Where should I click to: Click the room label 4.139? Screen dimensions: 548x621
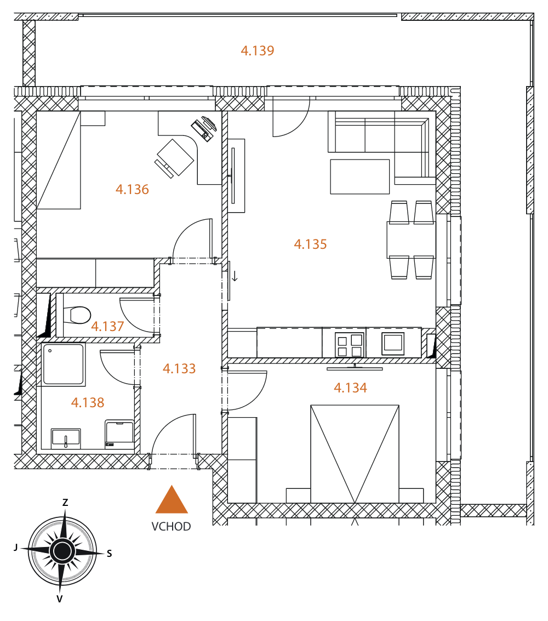point(258,50)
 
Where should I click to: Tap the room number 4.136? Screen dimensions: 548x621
point(132,189)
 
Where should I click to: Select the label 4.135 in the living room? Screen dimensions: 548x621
point(310,244)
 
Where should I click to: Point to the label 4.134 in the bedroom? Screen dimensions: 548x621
point(350,388)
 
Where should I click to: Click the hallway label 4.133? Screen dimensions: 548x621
point(179,369)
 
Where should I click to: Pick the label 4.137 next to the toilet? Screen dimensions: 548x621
point(107,326)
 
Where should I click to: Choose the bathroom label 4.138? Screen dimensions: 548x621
point(88,403)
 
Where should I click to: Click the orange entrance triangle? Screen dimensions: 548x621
point(172,500)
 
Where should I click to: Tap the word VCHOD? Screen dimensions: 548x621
point(171,526)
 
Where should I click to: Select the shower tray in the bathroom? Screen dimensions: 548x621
point(64,364)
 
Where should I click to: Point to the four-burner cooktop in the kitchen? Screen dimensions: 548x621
point(349,345)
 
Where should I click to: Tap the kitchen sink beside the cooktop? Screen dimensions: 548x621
point(393,343)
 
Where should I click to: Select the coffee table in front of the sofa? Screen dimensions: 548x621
point(360,176)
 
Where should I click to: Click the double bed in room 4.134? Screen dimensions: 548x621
point(355,454)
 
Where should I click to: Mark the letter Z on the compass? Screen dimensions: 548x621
point(65,503)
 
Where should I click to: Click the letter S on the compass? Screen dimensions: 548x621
point(110,554)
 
